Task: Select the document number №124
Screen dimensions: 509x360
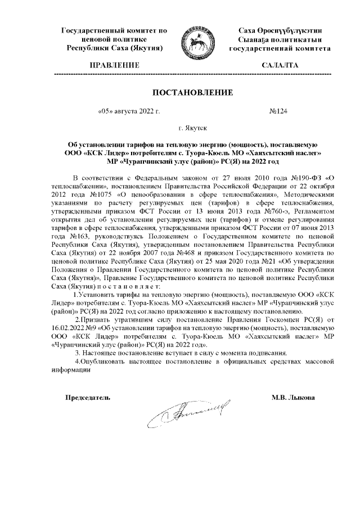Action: point(278,112)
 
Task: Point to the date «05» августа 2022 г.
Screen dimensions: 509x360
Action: point(129,112)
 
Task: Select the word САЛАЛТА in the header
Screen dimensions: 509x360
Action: point(280,66)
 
